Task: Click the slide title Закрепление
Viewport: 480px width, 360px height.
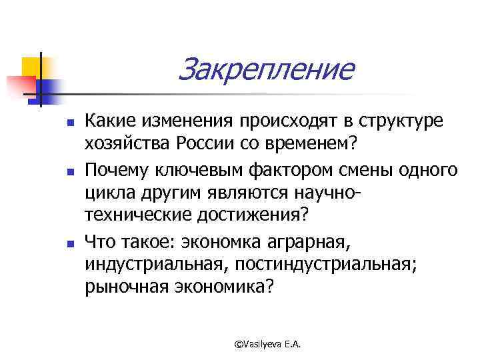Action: (x=266, y=69)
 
